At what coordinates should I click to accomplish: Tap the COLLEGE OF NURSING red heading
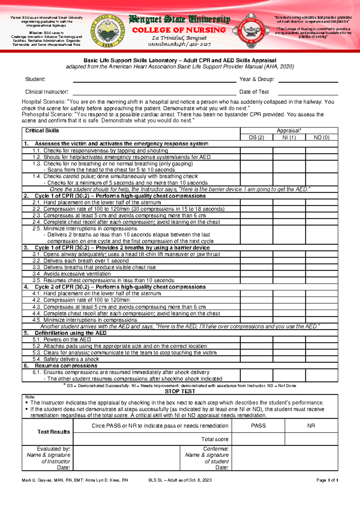click(179, 30)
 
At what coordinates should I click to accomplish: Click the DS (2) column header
click(256, 137)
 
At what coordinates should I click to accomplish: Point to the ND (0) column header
click(322, 137)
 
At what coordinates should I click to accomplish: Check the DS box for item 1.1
click(256, 151)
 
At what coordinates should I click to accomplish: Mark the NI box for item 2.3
click(289, 215)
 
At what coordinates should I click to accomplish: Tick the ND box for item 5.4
click(322, 359)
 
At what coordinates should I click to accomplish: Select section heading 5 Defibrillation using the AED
click(70, 333)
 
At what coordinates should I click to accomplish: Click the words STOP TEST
click(180, 391)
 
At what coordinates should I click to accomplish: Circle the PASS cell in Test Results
click(258, 426)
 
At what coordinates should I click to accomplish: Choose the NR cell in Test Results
click(311, 426)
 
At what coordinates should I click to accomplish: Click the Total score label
click(215, 439)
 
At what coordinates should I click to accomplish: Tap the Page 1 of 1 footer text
click(327, 480)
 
